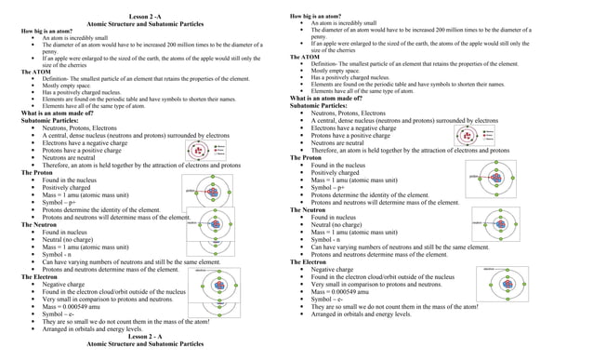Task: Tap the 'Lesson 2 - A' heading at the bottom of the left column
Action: tap(149, 335)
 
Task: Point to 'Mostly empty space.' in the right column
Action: tap(341, 70)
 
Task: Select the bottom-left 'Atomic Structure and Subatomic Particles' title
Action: tap(149, 343)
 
